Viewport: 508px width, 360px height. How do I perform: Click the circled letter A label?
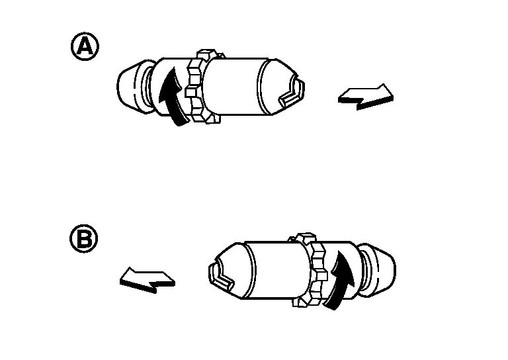click(x=85, y=46)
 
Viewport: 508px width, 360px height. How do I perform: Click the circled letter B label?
click(x=84, y=238)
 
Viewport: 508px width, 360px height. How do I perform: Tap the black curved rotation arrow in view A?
click(x=172, y=97)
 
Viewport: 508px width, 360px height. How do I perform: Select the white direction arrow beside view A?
click(x=366, y=97)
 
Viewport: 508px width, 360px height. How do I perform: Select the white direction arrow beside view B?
click(x=148, y=280)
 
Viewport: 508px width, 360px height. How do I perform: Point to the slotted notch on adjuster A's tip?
click(x=292, y=91)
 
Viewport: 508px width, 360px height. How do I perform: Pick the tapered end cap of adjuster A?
click(x=130, y=86)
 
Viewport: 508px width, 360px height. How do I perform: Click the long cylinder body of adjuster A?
click(x=237, y=87)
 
